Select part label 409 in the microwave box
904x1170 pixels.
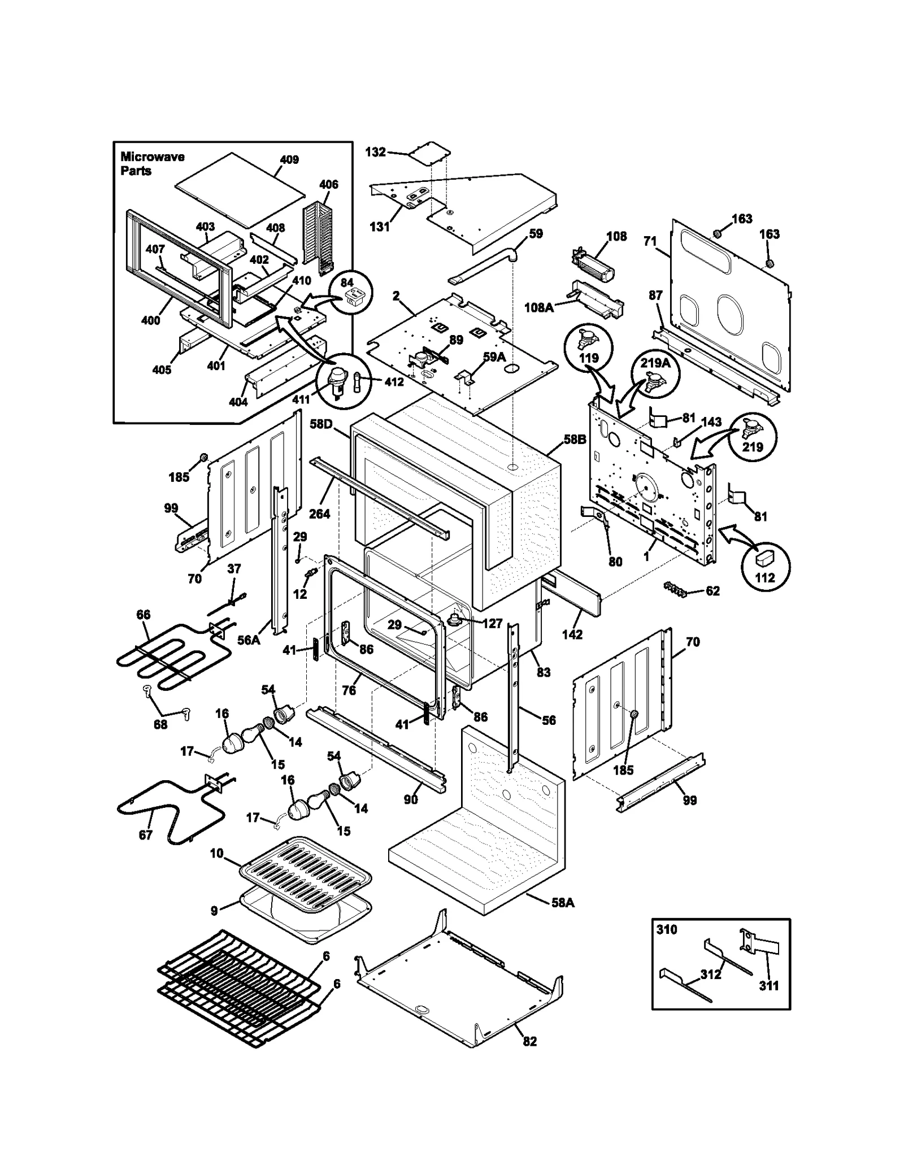pyautogui.click(x=289, y=160)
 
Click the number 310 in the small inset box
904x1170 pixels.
pyautogui.click(x=667, y=930)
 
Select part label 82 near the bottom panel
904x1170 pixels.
pyautogui.click(x=529, y=1041)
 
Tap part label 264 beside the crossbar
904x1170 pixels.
pyautogui.click(x=319, y=514)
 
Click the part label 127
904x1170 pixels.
pyautogui.click(x=492, y=623)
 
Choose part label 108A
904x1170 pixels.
pyautogui.click(x=538, y=307)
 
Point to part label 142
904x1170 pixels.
pyautogui.click(x=572, y=634)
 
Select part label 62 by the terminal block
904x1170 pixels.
pyautogui.click(x=712, y=591)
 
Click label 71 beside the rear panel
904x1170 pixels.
pyautogui.click(x=650, y=241)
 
